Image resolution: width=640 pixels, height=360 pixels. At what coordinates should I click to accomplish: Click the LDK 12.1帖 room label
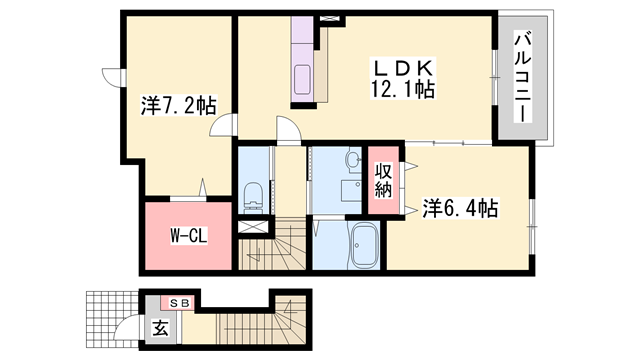click(x=402, y=79)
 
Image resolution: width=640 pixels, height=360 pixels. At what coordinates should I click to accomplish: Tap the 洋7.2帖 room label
click(x=178, y=106)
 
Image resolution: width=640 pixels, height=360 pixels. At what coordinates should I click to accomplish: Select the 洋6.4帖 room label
click(x=460, y=208)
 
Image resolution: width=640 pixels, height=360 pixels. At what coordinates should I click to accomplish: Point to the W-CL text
click(x=189, y=236)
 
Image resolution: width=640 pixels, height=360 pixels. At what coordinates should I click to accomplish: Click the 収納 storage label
click(x=383, y=180)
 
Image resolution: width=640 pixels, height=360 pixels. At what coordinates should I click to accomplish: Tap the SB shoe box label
click(x=180, y=303)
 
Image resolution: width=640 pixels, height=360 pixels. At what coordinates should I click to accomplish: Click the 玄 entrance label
click(x=160, y=328)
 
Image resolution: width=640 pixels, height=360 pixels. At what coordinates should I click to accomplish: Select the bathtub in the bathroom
click(x=365, y=245)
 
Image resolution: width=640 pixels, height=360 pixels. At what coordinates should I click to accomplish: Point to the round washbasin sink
click(x=353, y=159)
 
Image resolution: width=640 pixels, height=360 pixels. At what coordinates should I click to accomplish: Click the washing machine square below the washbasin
click(x=351, y=191)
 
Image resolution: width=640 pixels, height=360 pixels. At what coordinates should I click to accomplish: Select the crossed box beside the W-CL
click(x=253, y=227)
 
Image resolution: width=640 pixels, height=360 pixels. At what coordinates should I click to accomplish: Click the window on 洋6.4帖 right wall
click(x=532, y=226)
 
